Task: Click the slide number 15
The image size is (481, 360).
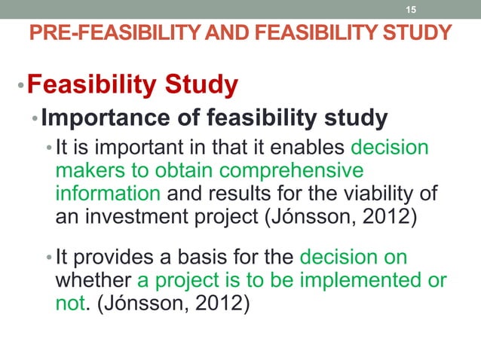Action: coord(411,10)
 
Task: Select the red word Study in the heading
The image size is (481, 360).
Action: coord(201,85)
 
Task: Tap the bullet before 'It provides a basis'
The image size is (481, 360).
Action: coord(48,258)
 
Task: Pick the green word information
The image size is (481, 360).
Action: coord(108,193)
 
